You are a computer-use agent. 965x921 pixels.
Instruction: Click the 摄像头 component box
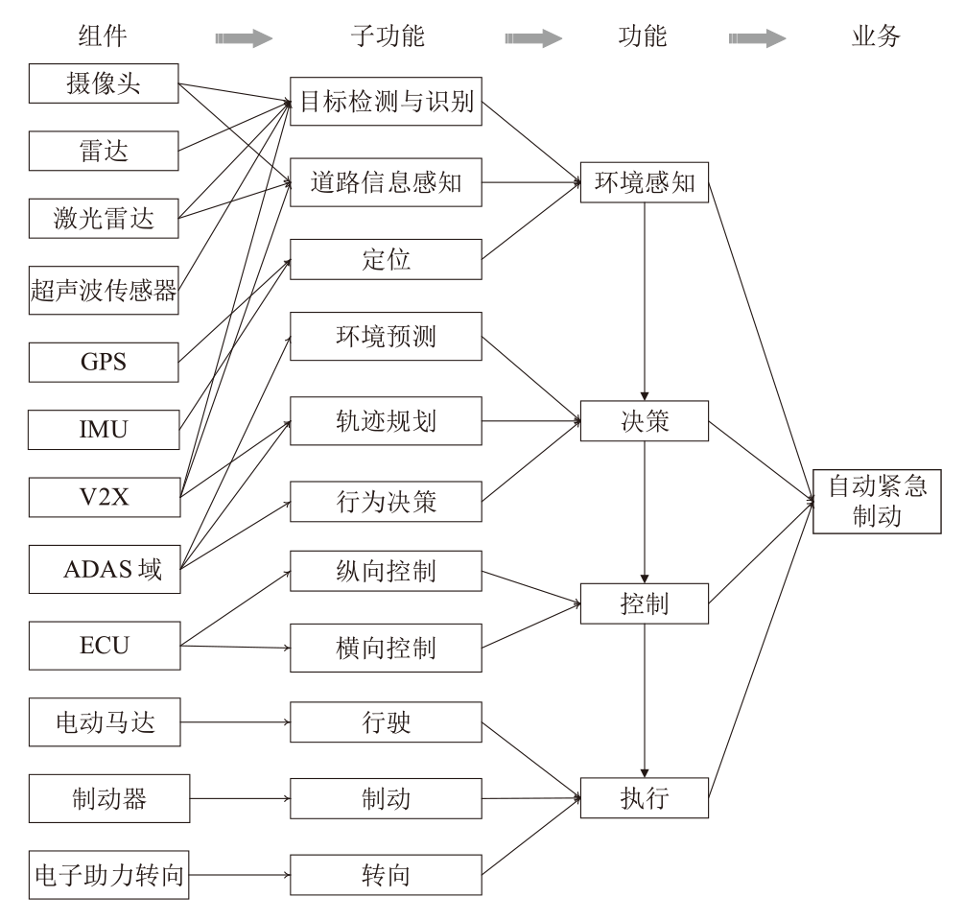pos(104,83)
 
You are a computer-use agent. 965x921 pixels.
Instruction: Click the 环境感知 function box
pos(644,181)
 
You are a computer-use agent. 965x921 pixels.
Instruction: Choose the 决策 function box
pos(644,422)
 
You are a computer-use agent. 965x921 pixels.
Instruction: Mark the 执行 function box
pos(644,796)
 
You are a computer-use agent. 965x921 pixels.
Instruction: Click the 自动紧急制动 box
pos(878,501)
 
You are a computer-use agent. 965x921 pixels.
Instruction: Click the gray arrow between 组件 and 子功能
pos(244,39)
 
